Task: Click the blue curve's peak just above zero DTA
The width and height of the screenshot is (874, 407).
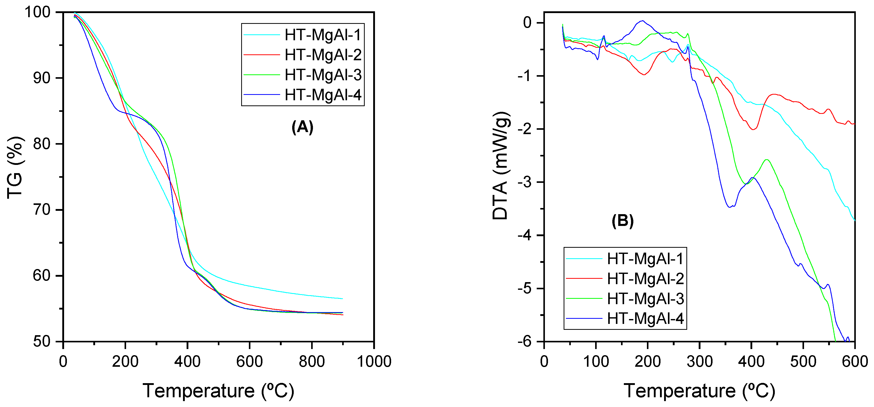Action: (x=642, y=21)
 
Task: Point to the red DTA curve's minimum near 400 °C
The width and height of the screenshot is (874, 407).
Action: (x=753, y=129)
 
